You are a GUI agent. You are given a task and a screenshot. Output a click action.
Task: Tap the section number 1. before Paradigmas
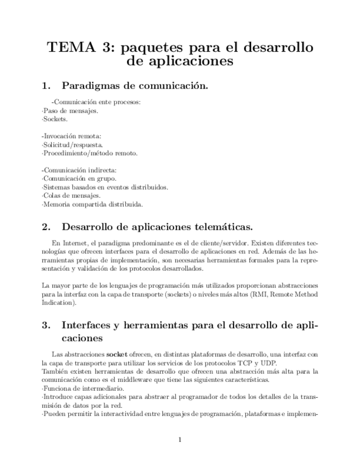click(46, 86)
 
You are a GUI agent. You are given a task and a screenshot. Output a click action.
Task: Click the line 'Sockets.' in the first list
click(56, 119)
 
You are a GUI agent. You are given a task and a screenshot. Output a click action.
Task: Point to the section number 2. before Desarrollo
click(46, 226)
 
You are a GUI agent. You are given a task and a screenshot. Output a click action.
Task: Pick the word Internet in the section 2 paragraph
click(75, 242)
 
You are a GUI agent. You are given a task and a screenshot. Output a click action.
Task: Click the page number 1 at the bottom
click(180, 439)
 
